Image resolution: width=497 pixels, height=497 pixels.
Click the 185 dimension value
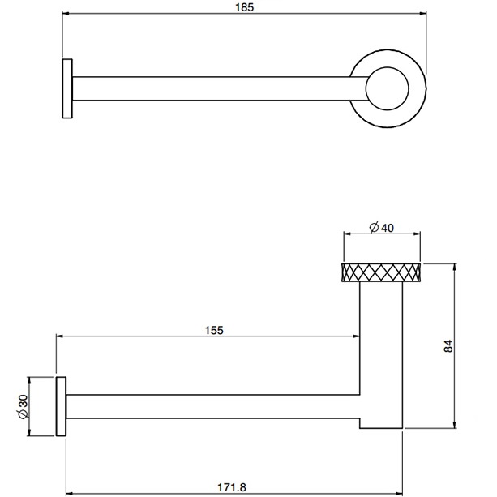tap(244, 7)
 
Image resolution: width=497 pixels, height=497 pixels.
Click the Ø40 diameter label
tap(381, 228)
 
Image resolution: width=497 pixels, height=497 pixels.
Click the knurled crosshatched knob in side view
tap(382, 272)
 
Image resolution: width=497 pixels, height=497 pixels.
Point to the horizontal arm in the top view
tap(211, 88)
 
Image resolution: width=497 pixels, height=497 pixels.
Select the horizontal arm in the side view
tap(211, 407)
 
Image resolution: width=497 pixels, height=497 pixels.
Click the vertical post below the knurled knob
tap(382, 349)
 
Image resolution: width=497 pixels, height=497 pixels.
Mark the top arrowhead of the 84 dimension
tap(455, 266)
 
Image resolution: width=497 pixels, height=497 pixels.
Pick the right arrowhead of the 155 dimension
tap(356, 336)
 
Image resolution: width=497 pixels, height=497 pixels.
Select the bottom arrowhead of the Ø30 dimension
tap(29, 434)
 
